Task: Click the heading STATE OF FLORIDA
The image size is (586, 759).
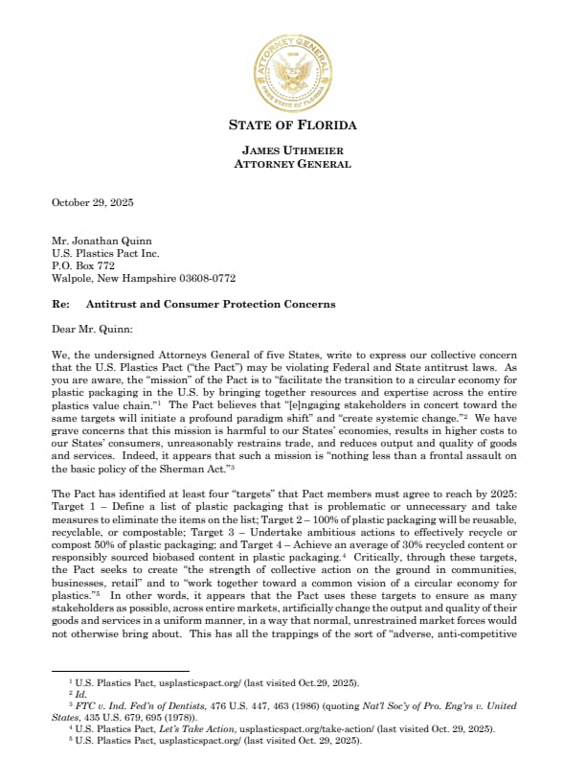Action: [x=293, y=126]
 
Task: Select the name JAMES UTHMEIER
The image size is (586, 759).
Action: [x=293, y=150]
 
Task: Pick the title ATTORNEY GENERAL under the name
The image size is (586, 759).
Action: [x=293, y=164]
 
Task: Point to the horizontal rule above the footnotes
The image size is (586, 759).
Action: [x=120, y=670]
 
